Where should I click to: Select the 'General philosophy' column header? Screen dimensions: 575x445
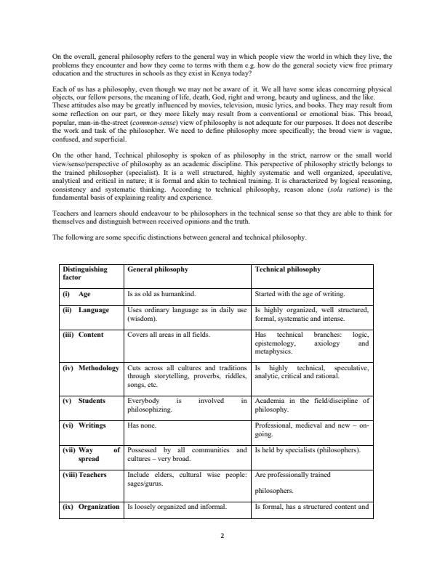pos(157,269)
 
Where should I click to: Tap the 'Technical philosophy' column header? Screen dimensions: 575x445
pos(287,269)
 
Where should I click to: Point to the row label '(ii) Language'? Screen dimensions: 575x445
pos(86,310)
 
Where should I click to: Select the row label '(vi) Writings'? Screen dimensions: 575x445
pos(84,426)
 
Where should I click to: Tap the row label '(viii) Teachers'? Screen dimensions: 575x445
pos(85,475)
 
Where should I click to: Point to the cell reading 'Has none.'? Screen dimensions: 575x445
pos(141,426)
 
